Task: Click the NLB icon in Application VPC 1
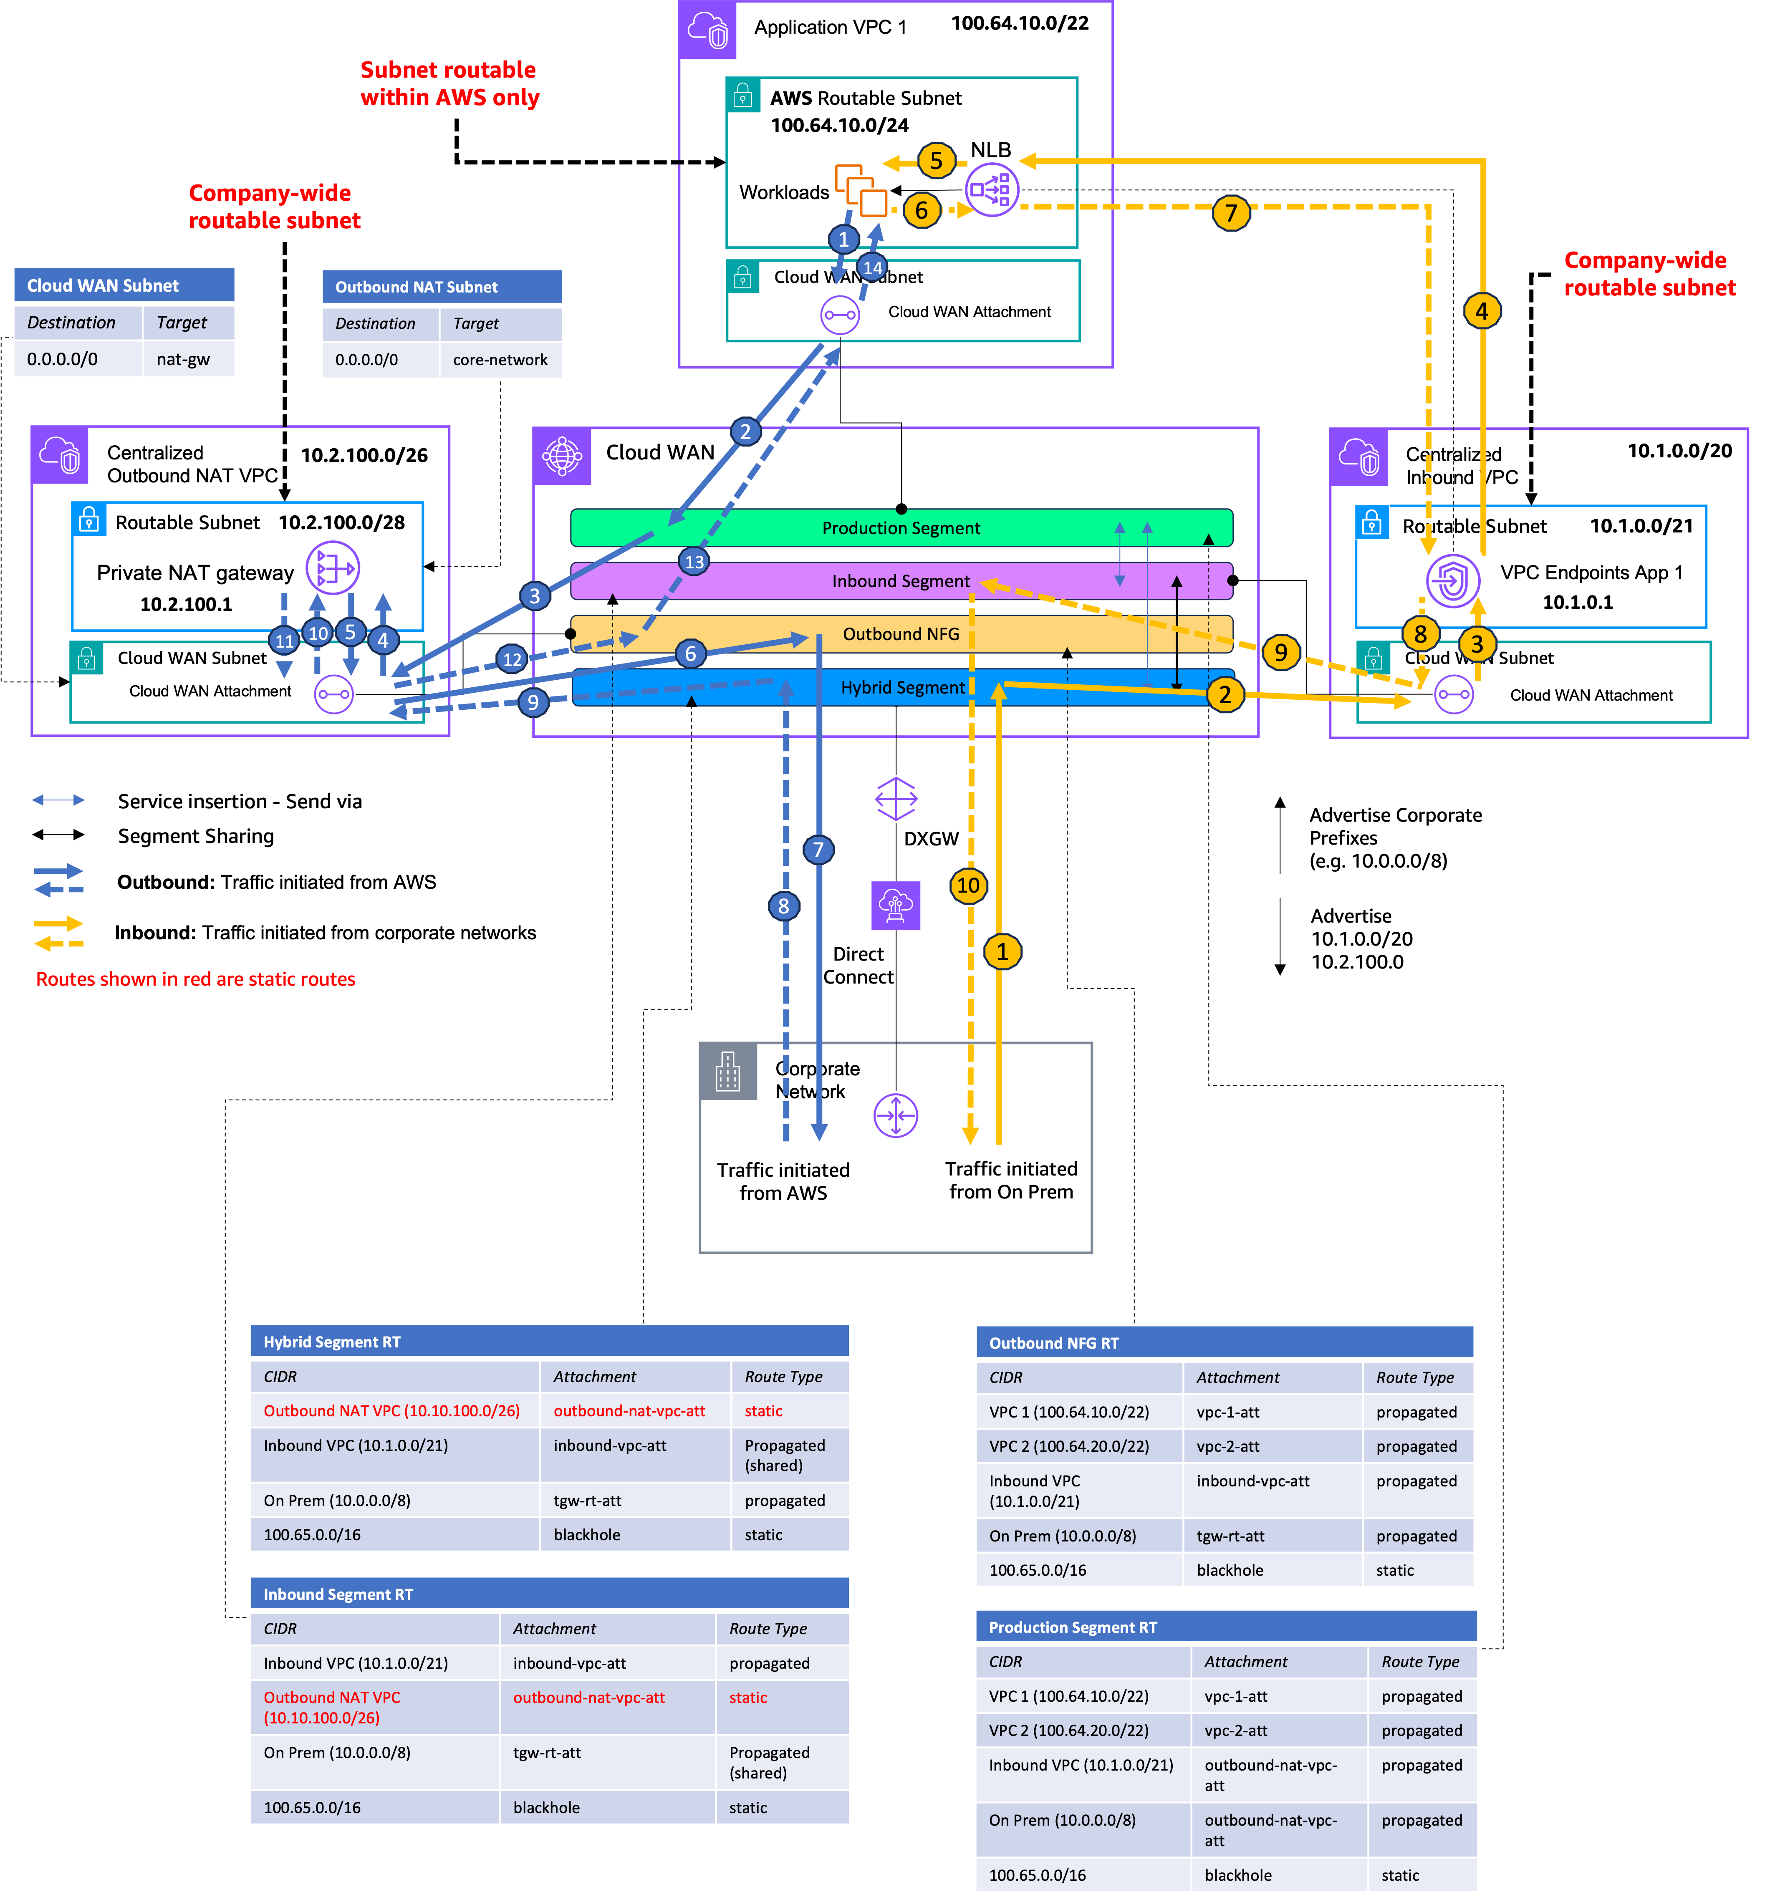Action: pos(992,190)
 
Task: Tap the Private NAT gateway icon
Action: pos(332,569)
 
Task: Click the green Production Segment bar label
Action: pos(901,528)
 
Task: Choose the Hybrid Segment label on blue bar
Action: pos(902,687)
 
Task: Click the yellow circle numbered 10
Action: pos(968,885)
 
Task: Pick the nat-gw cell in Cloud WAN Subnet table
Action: pos(183,360)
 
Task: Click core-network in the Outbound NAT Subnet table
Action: pos(500,360)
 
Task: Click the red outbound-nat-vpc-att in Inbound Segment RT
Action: pos(589,1698)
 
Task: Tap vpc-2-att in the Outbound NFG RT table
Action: pos(1228,1447)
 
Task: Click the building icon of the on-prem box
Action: pos(728,1072)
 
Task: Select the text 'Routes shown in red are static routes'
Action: pos(196,979)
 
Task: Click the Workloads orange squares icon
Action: pos(861,190)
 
